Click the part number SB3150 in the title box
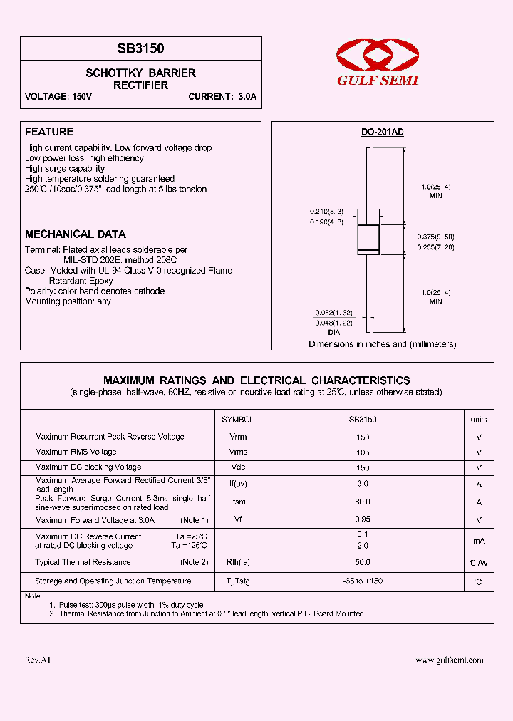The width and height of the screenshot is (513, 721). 140,49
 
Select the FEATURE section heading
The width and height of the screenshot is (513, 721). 49,132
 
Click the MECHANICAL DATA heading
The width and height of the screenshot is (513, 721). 76,234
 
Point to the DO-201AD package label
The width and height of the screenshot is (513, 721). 382,133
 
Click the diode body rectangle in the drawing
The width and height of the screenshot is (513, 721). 368,239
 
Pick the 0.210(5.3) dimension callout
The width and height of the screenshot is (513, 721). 326,212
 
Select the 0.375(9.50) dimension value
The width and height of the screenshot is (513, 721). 436,237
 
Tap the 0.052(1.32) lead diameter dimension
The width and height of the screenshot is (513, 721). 333,313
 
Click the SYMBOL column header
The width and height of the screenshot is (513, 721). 237,420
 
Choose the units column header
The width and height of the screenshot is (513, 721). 479,420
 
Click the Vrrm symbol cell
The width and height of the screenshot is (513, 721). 238,437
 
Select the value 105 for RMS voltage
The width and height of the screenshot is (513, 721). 363,452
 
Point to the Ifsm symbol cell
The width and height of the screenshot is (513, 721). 238,502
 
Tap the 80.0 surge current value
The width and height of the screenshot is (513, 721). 363,502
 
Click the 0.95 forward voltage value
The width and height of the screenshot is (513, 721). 363,519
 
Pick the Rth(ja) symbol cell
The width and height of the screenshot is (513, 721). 238,563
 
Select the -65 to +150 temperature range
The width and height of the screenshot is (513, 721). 362,581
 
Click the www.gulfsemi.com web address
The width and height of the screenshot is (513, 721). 449,660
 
